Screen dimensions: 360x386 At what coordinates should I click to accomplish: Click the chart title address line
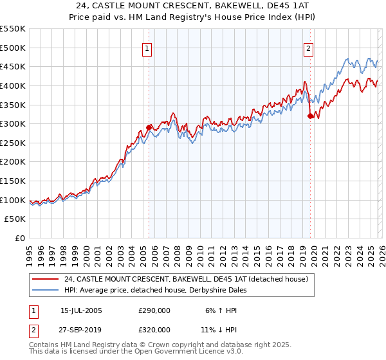pyautogui.click(x=192, y=5)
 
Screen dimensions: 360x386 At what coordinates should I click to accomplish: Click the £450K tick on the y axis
pyautogui.click(x=13, y=66)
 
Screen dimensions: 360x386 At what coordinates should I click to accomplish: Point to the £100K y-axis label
pyautogui.click(x=13, y=200)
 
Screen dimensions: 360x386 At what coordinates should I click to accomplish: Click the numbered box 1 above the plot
pyautogui.click(x=147, y=48)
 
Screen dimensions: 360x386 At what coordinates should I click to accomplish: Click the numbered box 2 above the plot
pyautogui.click(x=309, y=48)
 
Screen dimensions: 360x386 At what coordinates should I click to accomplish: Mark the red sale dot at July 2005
pyautogui.click(x=149, y=127)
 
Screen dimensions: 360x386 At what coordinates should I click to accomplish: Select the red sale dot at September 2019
pyautogui.click(x=310, y=116)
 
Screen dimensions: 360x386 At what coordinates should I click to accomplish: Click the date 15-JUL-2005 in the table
pyautogui.click(x=81, y=310)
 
